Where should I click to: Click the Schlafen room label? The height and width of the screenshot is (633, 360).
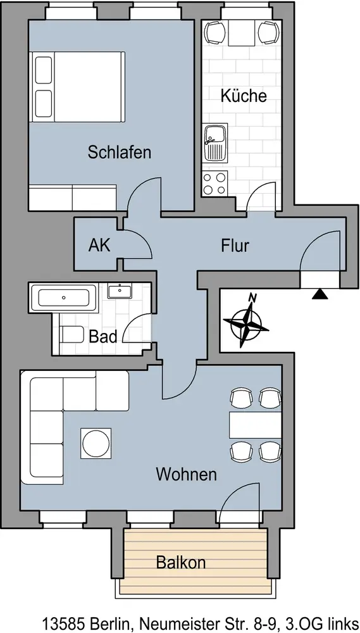120,153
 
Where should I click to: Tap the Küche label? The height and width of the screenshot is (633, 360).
244,96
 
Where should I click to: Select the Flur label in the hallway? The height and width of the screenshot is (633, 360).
235,246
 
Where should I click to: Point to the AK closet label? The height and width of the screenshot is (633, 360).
99,246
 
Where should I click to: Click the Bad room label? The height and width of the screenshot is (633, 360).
103,336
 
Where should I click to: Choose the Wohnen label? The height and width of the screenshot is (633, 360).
187,474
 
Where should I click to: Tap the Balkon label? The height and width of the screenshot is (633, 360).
181,562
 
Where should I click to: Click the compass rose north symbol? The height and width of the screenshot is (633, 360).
246,322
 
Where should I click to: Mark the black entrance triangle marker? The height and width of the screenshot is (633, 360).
320,294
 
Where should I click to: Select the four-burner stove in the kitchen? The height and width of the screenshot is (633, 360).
215,183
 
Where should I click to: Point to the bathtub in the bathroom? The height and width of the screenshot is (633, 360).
64,298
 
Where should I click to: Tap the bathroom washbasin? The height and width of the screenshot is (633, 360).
120,291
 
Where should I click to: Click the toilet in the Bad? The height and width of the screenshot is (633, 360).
71,334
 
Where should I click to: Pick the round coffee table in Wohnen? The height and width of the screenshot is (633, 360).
96,443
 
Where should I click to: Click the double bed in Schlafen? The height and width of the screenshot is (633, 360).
77,86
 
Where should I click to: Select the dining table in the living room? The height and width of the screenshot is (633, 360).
255,425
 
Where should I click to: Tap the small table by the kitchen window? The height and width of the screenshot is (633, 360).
242,33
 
